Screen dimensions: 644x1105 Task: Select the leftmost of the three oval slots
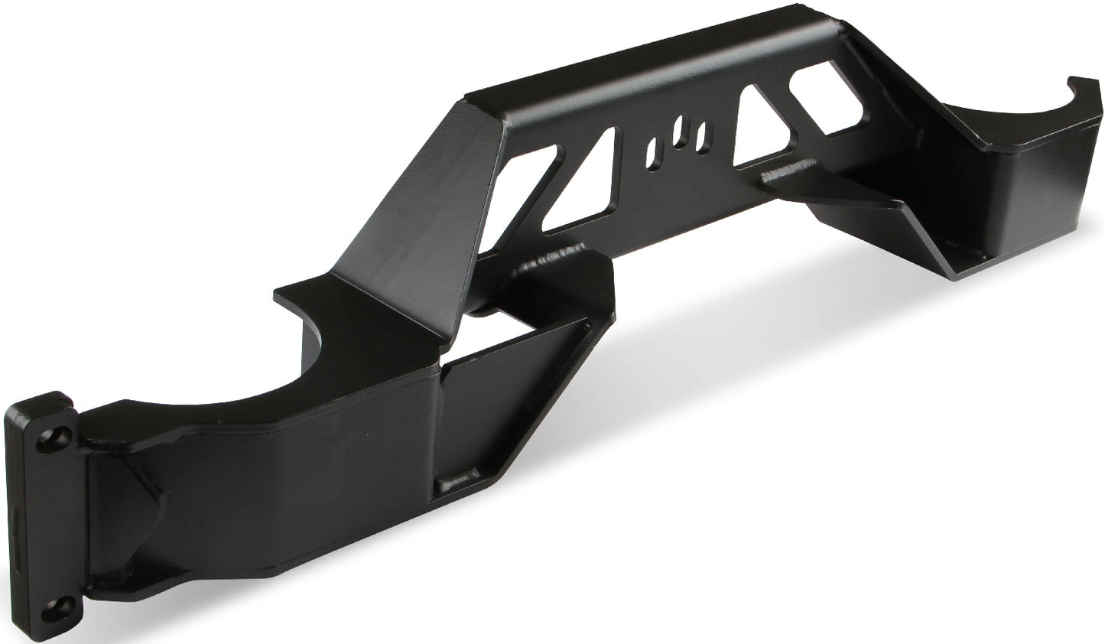pos(652,154)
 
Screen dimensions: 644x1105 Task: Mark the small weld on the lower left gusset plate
pos(451,483)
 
